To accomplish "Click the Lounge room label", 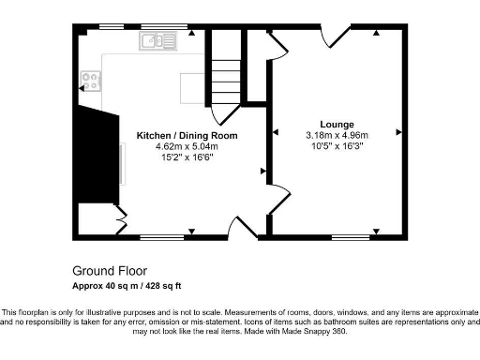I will [337, 124].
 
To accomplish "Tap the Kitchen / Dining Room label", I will [187, 135].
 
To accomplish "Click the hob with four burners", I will [90, 82].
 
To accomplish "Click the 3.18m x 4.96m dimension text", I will [337, 135].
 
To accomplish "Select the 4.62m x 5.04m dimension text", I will [187, 146].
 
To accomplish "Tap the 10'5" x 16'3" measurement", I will [337, 146].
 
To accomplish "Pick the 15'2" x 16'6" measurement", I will [187, 157].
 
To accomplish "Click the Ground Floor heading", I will [104, 267].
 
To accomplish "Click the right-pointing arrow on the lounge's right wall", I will [399, 133].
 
